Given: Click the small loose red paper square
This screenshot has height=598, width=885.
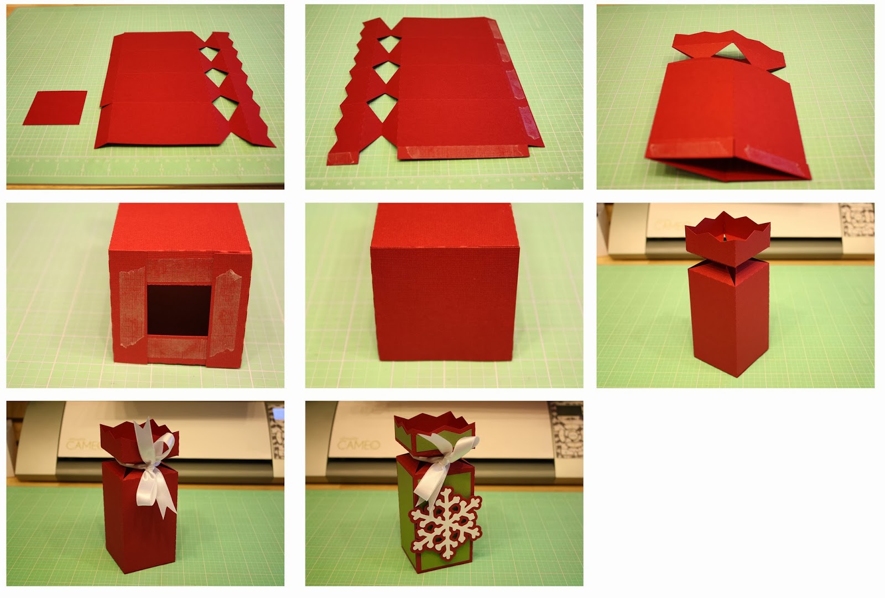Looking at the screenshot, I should click(55, 107).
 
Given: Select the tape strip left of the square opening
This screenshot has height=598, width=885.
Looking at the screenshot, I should click(132, 311).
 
